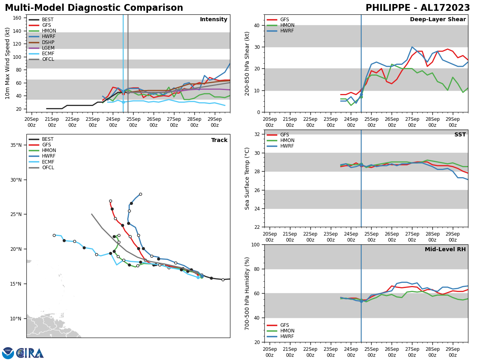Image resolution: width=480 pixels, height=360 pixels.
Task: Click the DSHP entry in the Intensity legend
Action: point(48,42)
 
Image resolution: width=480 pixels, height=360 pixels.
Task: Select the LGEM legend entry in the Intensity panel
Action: point(48,48)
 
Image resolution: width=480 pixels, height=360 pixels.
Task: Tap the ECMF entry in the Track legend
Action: point(48,162)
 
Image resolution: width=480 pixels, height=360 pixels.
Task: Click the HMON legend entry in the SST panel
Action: point(287,140)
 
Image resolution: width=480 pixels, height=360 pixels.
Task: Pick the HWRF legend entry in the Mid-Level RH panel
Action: point(287,336)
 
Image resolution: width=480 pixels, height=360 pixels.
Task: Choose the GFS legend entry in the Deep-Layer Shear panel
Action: point(284,20)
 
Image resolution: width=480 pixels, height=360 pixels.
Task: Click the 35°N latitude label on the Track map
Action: point(16,145)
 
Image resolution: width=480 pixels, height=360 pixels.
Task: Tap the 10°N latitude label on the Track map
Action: point(16,319)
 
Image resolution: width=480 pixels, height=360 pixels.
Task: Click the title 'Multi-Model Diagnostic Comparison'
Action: point(94,8)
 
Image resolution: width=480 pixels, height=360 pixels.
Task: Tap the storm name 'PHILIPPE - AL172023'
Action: point(418,8)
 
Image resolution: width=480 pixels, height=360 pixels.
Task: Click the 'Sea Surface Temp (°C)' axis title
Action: point(247,178)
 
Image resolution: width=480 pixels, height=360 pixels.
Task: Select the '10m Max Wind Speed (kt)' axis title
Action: point(8,63)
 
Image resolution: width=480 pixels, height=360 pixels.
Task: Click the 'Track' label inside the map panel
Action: point(219,140)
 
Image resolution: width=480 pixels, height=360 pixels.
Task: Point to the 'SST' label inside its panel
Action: point(460,135)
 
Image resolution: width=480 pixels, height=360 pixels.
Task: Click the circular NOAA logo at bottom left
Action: point(8,353)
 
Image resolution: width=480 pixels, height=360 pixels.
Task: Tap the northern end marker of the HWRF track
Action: point(140,194)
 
